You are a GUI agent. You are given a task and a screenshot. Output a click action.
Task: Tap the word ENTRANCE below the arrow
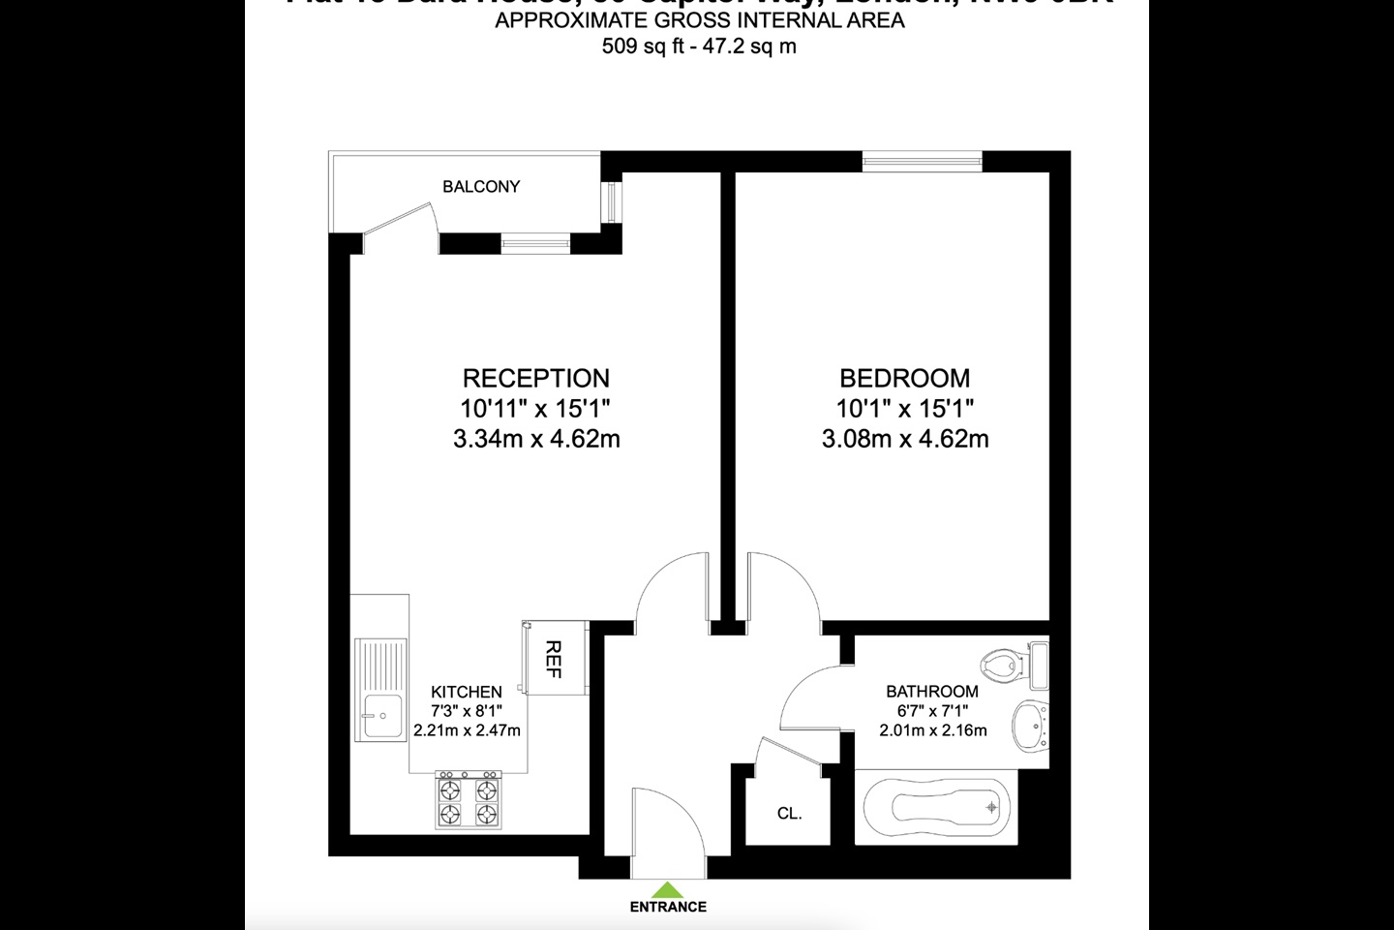pos(668,908)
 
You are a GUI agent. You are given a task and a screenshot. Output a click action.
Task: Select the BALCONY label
pos(481,186)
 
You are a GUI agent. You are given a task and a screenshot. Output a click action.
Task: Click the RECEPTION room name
pos(535,378)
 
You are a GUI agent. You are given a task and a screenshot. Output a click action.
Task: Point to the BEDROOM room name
pos(904,378)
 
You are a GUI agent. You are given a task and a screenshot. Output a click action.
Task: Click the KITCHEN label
pos(467,692)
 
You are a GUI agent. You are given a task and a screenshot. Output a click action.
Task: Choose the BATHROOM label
pos(932,692)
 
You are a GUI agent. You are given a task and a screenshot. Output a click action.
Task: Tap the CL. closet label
pos(790,814)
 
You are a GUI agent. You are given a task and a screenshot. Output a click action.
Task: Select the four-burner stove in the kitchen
pos(469,801)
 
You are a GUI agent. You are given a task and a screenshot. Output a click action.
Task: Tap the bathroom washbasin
pos(1030,726)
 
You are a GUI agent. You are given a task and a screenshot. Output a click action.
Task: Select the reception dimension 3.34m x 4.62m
pos(536,439)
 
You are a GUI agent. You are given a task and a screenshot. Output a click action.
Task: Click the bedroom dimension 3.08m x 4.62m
pos(905,439)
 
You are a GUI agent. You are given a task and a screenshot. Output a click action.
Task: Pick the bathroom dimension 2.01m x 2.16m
pos(933,730)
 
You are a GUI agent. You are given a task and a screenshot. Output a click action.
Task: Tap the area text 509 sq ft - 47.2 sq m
pos(699,46)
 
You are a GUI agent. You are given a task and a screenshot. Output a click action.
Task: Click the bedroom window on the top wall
pos(923,161)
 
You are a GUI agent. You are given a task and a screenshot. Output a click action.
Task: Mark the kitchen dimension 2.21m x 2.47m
pos(467,730)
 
